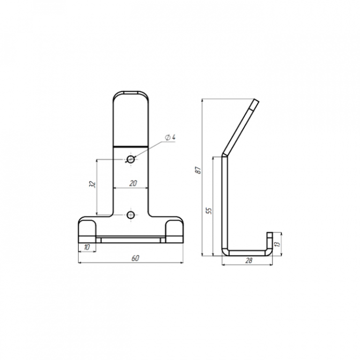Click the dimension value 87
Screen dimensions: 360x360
coord(198,170)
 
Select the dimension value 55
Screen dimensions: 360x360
coord(209,211)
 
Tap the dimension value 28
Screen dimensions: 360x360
coord(249,260)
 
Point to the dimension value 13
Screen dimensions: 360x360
coord(277,244)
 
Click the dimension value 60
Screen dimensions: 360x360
coord(136,258)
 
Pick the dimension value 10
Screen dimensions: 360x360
coord(87,247)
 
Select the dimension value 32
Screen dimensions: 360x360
coord(92,184)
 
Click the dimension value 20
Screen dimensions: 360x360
coord(133,183)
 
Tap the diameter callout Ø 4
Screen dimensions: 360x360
coord(170,137)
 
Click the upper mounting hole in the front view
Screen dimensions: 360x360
coord(131,159)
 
